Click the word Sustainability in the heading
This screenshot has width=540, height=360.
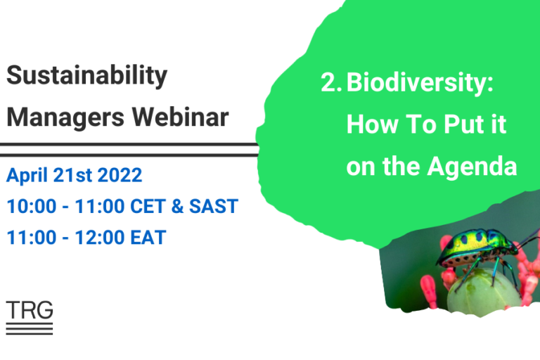[x=87, y=76]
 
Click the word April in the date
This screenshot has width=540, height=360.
[x=29, y=175]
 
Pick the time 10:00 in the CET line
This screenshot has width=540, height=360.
[x=28, y=207]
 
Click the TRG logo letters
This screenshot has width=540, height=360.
[x=29, y=309]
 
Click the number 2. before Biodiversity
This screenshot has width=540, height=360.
[x=331, y=83]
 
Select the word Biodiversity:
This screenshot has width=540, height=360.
[x=420, y=83]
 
